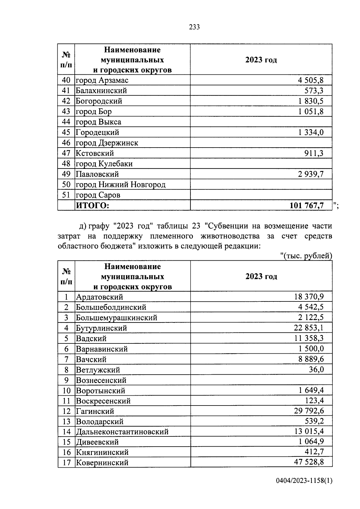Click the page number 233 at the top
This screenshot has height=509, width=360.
(194, 27)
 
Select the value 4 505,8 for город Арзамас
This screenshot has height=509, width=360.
(310, 80)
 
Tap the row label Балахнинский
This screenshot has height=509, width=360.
(101, 91)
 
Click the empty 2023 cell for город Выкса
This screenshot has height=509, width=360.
(261, 122)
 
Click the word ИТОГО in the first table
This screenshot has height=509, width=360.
(92, 205)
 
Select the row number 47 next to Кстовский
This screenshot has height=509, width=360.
(66, 153)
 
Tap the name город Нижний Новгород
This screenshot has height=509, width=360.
(120, 184)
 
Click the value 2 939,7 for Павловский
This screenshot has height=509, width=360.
(310, 174)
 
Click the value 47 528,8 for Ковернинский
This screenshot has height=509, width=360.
(309, 462)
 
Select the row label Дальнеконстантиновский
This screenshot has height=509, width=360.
(122, 432)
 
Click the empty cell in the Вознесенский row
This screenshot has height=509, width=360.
(261, 380)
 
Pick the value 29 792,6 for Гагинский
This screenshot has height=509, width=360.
(309, 411)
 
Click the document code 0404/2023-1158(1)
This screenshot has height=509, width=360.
(304, 489)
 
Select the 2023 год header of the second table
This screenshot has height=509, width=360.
(261, 276)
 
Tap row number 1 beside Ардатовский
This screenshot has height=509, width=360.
(66, 297)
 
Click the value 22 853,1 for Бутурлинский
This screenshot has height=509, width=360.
(309, 328)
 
